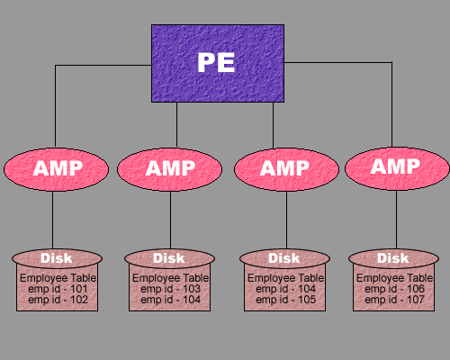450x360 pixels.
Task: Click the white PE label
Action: coord(216,62)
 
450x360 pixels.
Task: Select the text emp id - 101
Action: coord(58,289)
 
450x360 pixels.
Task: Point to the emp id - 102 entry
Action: coord(58,300)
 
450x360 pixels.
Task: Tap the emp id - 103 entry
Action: coord(170,289)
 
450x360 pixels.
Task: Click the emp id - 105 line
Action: coord(285,300)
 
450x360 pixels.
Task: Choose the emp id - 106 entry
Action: coord(394,289)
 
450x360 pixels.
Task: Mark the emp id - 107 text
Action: coord(394,300)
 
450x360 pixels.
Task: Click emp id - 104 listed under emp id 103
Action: coord(170,300)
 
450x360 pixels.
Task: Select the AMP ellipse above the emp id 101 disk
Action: coord(56,169)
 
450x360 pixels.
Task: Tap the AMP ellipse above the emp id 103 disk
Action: coord(169,169)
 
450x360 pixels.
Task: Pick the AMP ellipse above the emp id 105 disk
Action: coord(286,169)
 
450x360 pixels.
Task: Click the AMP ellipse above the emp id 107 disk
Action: coord(397,168)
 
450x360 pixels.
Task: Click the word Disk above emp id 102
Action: coord(57,258)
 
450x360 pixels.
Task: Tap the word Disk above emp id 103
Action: coord(169,258)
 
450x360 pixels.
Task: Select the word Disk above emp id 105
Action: coord(284,258)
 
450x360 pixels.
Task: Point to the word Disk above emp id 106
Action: coord(393,258)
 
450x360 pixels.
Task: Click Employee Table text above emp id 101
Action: coord(58,278)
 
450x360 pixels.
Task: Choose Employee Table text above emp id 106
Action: coord(394,278)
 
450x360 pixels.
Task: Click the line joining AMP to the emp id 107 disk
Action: coord(396,220)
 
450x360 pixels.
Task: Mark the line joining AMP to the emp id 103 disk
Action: coord(170,220)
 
